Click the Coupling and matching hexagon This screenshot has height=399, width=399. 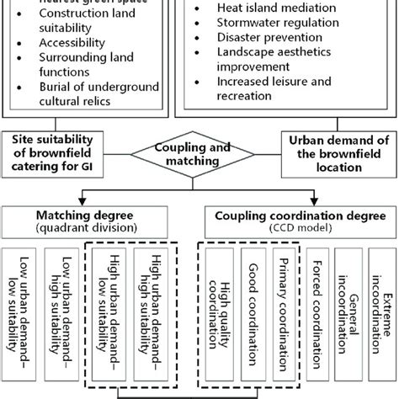(x=199, y=153)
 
